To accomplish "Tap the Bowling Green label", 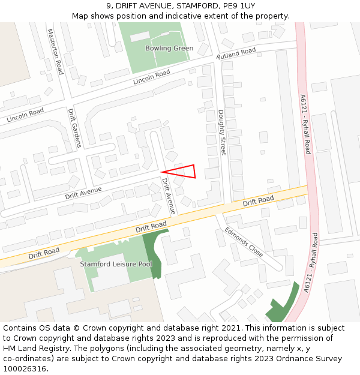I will tap(169, 49).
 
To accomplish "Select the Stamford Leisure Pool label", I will tap(116, 264).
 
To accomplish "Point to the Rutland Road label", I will tap(236, 53).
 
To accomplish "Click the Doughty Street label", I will tap(221, 133).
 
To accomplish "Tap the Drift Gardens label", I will tap(74, 128).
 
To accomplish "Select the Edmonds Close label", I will tap(244, 241).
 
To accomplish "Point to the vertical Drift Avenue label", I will tap(167, 196).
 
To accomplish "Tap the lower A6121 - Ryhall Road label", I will tap(311, 263).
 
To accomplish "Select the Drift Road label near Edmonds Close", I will tap(258, 201).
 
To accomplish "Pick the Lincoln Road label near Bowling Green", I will tap(152, 77).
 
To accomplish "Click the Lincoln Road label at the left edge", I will tap(25, 115).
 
